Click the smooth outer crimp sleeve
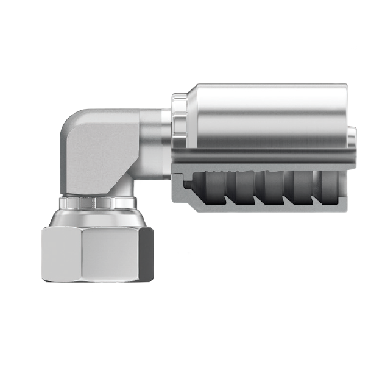click(268, 116)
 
